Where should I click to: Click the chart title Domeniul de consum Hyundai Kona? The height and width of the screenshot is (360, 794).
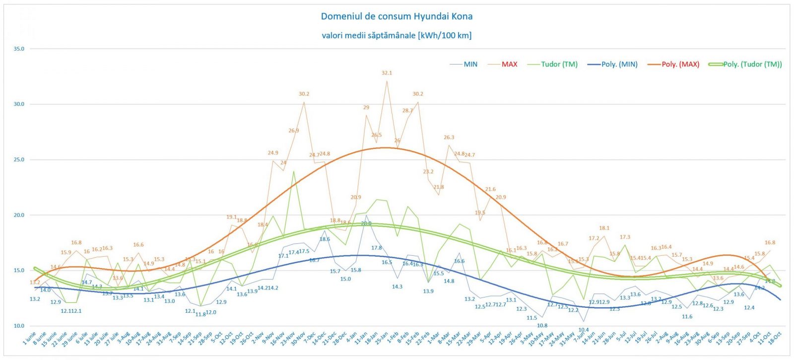coord(397,16)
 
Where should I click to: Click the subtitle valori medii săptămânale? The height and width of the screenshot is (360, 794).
coord(397,35)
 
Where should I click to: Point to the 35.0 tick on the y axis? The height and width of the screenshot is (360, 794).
coord(19,49)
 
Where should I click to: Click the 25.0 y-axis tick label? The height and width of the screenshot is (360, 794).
coord(19,160)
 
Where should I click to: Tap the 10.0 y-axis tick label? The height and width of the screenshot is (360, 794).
coord(19,326)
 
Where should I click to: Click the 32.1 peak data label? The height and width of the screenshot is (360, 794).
coord(387,73)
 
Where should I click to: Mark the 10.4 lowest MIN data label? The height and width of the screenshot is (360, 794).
coord(584,330)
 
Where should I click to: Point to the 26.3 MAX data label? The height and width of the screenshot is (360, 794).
coord(449,138)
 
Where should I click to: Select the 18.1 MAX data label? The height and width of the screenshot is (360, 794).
coord(604,228)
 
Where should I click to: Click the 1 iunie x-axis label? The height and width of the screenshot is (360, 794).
coord(30,339)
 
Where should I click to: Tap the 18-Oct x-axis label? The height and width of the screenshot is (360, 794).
coord(775,338)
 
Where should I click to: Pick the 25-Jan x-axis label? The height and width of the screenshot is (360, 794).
coord(382,339)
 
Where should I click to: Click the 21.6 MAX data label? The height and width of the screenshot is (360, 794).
coord(490,189)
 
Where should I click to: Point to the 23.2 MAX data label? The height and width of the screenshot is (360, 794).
coord(428,172)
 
